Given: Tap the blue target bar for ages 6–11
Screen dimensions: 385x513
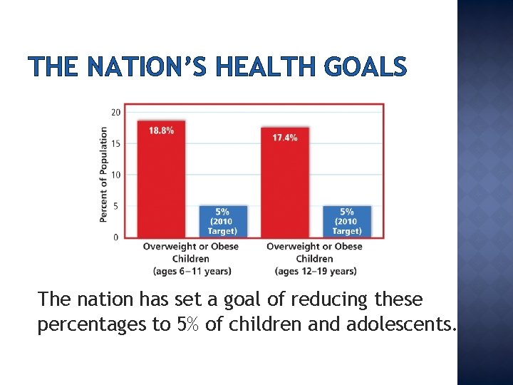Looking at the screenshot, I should [223, 222].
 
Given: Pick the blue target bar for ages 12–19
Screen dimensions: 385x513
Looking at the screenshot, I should [347, 222].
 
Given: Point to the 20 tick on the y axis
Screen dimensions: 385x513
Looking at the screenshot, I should [115, 112].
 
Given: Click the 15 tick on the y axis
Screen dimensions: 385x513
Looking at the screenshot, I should [115, 143].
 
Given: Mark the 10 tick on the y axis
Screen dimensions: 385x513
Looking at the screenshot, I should [115, 175].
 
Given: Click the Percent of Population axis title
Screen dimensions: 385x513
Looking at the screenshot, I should [104, 175].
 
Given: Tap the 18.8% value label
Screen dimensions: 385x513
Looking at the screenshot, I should [161, 130].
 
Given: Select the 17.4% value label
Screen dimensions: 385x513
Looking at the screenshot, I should [285, 137].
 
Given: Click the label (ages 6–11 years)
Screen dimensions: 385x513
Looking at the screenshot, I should [192, 271].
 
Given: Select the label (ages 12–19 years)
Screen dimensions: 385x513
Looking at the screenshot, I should [315, 271].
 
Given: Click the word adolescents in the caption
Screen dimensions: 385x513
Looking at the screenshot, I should [400, 325].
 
